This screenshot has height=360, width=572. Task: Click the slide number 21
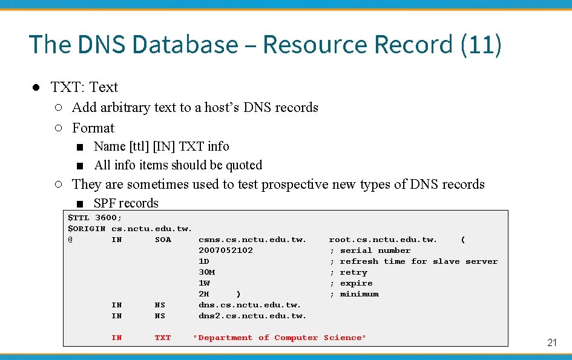[551, 342]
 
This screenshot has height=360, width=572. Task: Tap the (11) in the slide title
[481, 45]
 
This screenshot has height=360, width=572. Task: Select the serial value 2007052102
[226, 250]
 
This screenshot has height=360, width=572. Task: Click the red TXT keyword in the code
[163, 338]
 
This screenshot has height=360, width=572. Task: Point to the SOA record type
[163, 240]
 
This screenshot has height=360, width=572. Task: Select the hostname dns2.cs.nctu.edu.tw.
[252, 316]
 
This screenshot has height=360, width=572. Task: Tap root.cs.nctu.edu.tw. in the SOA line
[383, 240]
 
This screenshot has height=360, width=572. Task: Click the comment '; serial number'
[370, 250]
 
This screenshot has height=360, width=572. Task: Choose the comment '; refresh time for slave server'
[413, 261]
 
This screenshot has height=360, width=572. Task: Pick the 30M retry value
[207, 272]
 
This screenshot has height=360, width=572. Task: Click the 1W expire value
[205, 283]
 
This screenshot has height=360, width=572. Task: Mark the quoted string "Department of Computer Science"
[280, 338]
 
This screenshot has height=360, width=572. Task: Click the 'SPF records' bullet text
[126, 203]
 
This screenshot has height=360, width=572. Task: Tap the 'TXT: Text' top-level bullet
[84, 87]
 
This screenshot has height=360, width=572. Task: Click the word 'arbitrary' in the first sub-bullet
[123, 108]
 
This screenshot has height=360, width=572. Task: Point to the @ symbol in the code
[70, 240]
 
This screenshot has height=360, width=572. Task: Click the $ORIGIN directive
[87, 229]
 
